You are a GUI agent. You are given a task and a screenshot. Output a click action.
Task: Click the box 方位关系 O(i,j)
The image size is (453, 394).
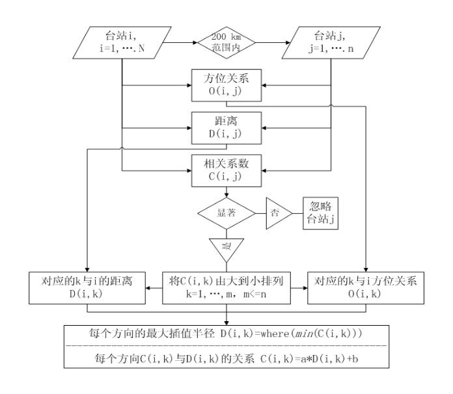(226, 85)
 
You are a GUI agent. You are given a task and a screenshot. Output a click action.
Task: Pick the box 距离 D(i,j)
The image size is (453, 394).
(226, 126)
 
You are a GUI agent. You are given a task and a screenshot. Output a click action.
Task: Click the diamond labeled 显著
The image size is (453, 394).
(226, 213)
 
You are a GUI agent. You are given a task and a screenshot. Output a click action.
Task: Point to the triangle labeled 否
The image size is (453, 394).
(278, 213)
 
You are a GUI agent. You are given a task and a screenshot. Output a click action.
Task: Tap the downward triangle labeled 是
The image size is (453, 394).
(226, 248)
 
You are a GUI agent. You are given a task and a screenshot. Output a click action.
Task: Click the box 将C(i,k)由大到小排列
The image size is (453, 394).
(226, 287)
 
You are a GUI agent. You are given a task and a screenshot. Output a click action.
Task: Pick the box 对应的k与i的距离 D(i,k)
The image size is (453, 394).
(88, 287)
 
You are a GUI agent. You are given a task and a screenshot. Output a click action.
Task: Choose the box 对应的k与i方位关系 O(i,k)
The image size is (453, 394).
(364, 287)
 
